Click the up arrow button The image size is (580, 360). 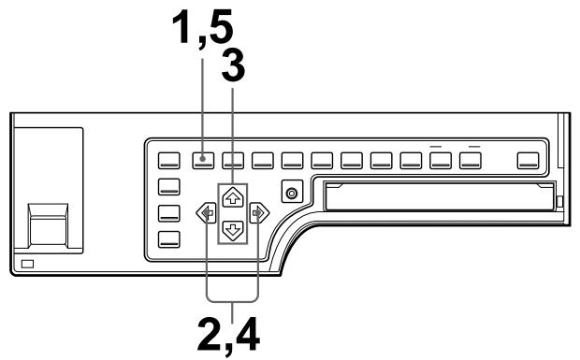click(x=233, y=196)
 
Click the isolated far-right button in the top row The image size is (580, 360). click(x=530, y=159)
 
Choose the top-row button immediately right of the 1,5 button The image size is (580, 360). click(x=233, y=159)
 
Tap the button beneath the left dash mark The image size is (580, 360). click(x=441, y=159)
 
